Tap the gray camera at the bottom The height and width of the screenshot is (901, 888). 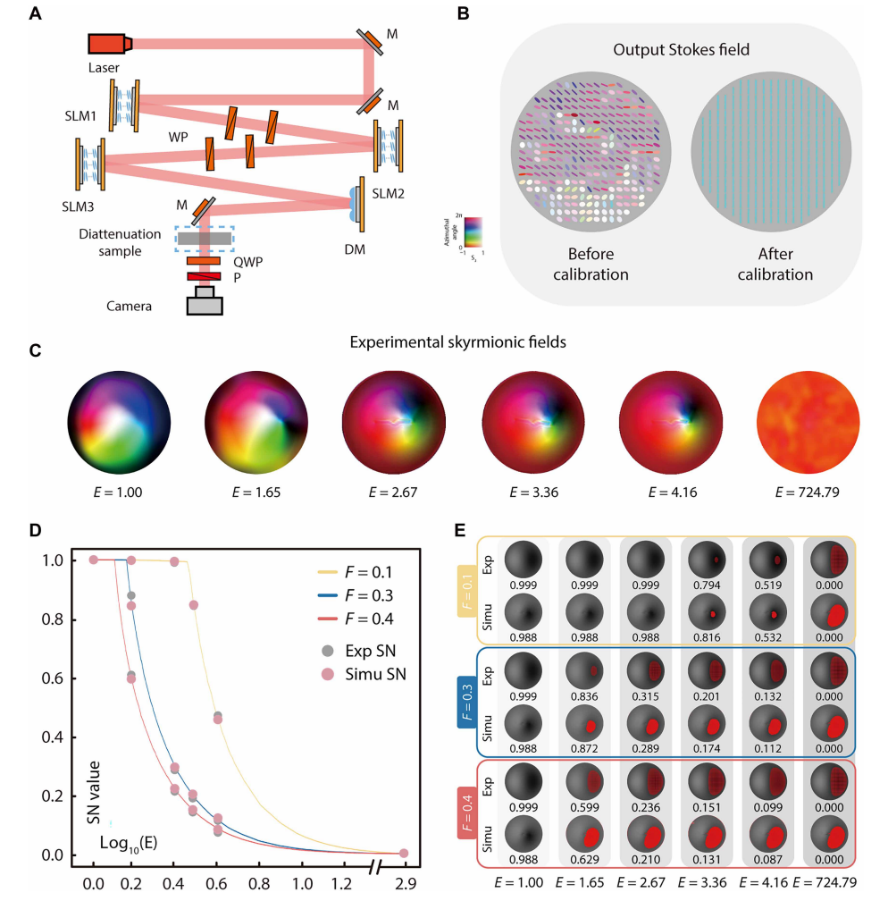point(205,300)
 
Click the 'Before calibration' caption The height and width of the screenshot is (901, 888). point(591,265)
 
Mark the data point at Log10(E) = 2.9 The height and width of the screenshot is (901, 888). point(404,854)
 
